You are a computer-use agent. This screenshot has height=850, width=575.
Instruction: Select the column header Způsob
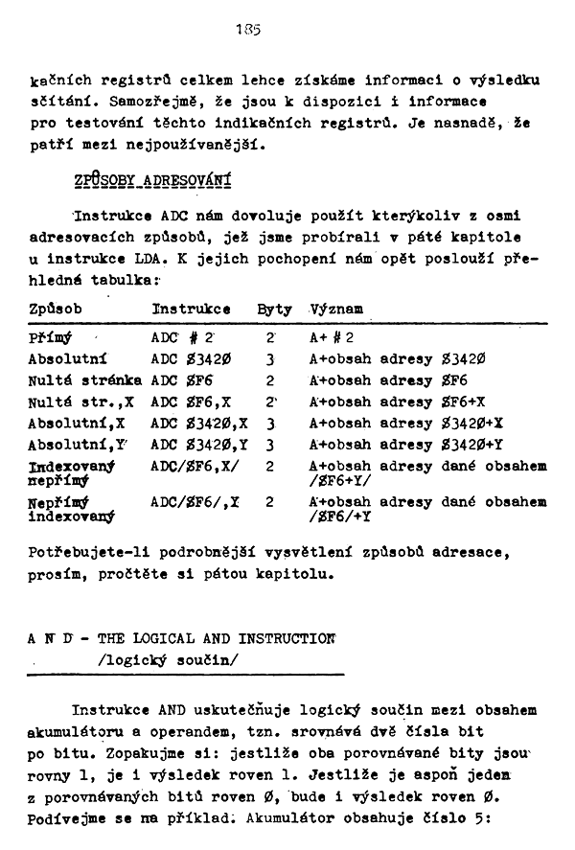pos(55,310)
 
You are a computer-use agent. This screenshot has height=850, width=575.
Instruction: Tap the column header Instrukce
pos(191,310)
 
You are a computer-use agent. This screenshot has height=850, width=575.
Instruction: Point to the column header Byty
pos(274,310)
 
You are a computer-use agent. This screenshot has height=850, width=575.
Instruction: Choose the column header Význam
pos(336,310)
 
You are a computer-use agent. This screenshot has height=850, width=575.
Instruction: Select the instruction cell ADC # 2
pos(183,338)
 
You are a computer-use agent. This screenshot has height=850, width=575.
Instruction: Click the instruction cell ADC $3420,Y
pos(199,444)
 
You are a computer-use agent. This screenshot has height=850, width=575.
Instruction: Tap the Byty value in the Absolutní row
pos(272,359)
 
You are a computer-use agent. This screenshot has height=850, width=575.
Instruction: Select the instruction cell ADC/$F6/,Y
pos(194,501)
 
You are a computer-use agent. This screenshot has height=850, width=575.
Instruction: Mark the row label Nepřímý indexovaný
pos(72,509)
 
